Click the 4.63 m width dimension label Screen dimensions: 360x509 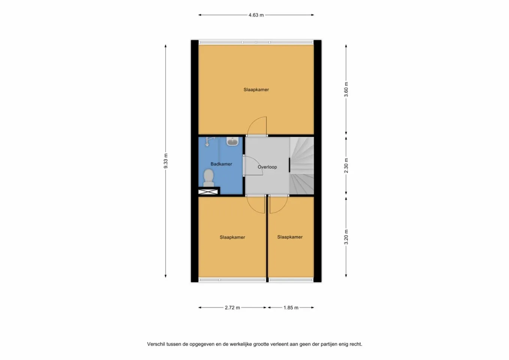tap(256, 15)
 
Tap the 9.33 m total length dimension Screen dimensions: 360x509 tap(166, 161)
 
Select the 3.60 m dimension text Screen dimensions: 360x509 tap(346, 90)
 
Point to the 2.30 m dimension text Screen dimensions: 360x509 tap(346, 165)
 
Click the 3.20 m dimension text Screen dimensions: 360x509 tap(346, 237)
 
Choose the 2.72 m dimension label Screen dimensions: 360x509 tap(232, 307)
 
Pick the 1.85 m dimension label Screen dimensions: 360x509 tap(291, 307)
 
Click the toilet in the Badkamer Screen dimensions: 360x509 tap(208, 178)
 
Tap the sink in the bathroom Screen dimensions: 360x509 tap(232, 142)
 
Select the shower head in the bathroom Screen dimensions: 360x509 tap(207, 142)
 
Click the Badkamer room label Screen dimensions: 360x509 tap(221, 164)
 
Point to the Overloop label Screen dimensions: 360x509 tap(267, 167)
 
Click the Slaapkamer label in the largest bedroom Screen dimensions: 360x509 tap(256, 90)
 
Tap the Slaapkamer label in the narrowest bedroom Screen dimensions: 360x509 tap(290, 237)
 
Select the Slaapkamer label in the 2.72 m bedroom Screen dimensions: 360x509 tap(232, 237)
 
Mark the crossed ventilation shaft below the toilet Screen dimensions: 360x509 tap(208, 192)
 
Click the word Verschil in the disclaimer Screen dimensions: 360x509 tap(155, 344)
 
